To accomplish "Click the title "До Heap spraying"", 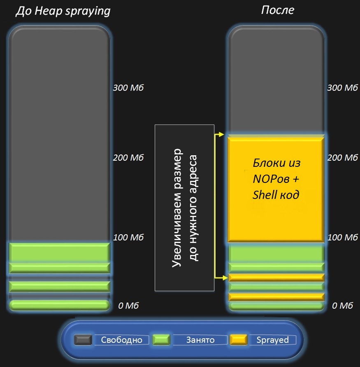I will pos(63,11).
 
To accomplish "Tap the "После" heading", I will pos(278,10).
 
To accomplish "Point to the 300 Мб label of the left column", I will pos(128,88).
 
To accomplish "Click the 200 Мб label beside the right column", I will pos(342,157).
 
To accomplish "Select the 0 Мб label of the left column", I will pos(128,306).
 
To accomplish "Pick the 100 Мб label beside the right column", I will pos(342,237).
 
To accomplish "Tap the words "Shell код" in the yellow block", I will pos(276,195).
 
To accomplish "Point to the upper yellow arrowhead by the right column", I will pos(221,134).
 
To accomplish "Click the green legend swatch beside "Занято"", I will pos(161,340).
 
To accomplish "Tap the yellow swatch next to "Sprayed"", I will pos(238,340).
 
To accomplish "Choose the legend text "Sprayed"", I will pos(272,340).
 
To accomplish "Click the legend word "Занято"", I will pos(200,340).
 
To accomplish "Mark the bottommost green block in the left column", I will pos(59,305).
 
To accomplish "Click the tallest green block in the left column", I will pos(59,252).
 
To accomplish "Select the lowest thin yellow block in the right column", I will pos(276,297).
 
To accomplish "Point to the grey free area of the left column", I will pos(59,136).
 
